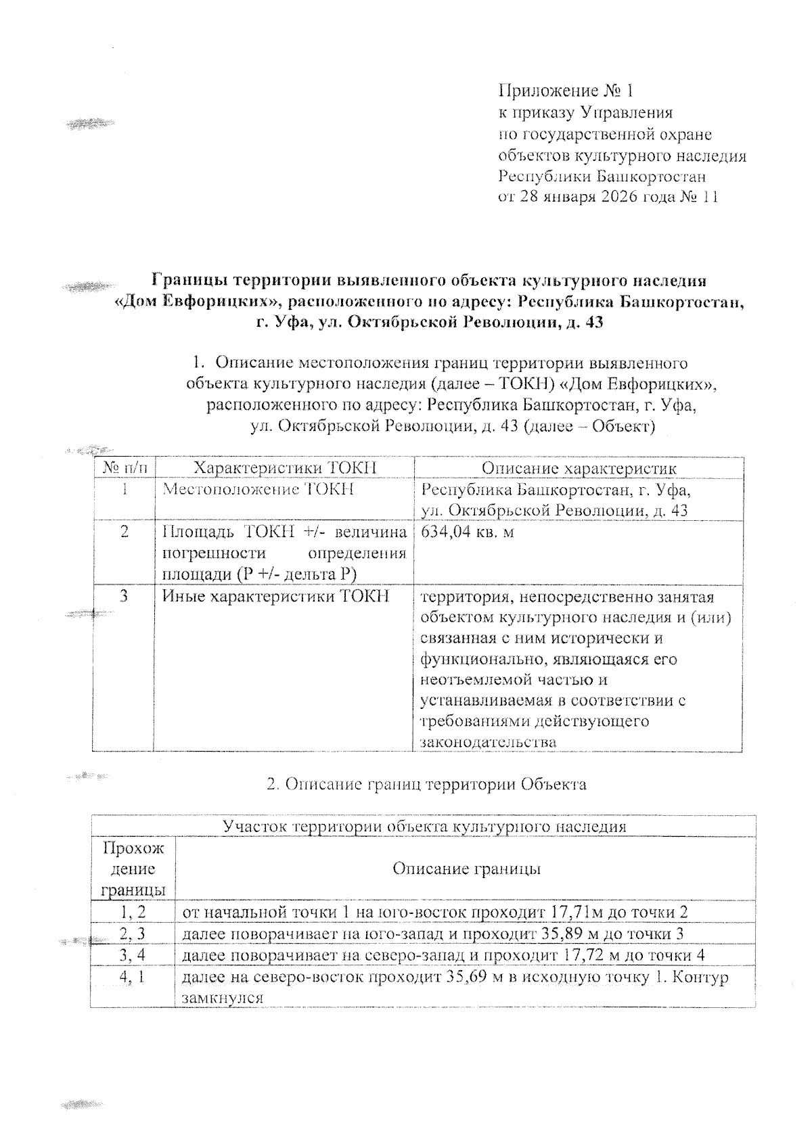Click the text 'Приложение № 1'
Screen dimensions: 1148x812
coord(565,91)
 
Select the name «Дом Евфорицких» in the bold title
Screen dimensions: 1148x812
coord(194,302)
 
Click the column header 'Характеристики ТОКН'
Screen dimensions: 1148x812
coord(285,468)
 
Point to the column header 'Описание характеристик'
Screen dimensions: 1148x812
coord(579,468)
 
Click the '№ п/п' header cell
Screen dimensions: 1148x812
coord(122,468)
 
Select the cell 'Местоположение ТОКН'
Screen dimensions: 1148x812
coord(258,490)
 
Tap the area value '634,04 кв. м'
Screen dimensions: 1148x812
coord(467,532)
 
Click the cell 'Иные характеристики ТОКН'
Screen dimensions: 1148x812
coord(276,597)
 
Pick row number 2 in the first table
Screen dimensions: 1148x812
coord(124,532)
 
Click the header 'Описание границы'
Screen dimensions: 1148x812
coord(466,869)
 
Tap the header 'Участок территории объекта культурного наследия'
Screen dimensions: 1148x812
coord(424,827)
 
